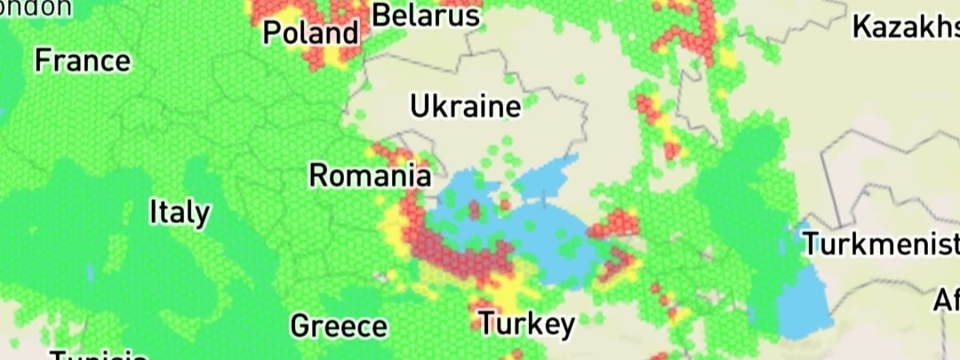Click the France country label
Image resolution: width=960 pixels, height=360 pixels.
[x=82, y=61]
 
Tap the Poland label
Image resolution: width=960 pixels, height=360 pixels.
[x=311, y=34]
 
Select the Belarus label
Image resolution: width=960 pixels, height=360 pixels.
[x=426, y=15]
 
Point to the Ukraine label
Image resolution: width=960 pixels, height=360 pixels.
[x=465, y=106]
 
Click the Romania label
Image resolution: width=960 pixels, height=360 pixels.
[x=370, y=175]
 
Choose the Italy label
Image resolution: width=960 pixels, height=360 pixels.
[x=180, y=213]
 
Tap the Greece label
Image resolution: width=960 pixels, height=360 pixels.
[x=338, y=326]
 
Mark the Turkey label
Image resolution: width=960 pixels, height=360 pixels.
[x=526, y=324]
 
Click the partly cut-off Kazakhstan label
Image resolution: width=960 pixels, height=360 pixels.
[x=905, y=26]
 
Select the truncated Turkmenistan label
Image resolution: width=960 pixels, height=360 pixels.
[x=880, y=243]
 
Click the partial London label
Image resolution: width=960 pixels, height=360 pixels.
[x=35, y=7]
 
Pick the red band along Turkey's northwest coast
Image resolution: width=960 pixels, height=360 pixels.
[x=460, y=260]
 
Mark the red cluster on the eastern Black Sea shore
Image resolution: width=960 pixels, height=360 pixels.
[x=616, y=224]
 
